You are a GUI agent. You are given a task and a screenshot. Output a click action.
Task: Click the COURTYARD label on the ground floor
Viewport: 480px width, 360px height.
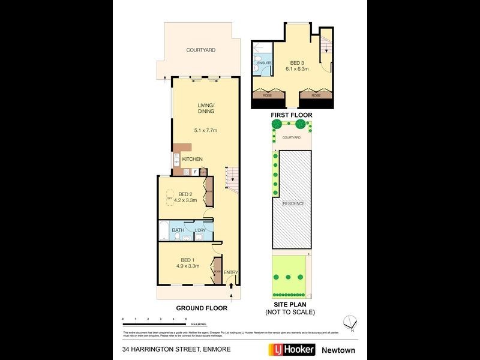point(200,50)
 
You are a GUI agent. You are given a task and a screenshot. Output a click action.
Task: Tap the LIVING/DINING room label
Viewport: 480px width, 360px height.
point(206,109)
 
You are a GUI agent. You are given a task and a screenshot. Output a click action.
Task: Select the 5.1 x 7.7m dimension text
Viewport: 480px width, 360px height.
point(205,130)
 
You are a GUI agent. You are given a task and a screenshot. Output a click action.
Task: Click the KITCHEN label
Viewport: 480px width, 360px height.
point(193,159)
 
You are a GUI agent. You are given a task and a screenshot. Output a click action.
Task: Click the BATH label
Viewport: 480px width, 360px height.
point(178,230)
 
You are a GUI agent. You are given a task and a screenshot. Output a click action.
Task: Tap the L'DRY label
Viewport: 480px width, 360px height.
point(200,230)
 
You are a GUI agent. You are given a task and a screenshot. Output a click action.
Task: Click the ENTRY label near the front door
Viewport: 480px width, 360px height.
point(231,273)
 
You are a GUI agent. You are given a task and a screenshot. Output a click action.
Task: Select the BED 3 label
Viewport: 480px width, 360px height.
point(296,62)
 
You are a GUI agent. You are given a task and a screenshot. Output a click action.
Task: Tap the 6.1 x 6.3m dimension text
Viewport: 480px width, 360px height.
point(296,70)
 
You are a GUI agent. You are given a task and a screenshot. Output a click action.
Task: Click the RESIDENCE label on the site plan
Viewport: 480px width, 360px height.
point(293,203)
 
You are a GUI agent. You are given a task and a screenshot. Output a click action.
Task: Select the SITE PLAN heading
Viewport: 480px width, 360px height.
point(290,305)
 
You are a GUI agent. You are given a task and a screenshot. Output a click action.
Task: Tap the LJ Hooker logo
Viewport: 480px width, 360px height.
point(287,349)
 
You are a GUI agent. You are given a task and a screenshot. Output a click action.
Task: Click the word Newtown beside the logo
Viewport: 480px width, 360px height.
point(336,349)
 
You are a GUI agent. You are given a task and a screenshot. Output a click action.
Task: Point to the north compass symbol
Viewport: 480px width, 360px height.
point(350,322)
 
